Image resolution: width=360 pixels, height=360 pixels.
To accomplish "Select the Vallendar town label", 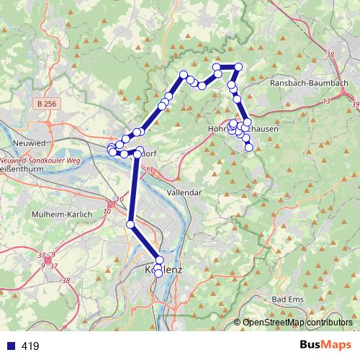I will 183,193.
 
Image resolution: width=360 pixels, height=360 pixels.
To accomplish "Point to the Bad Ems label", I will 289,299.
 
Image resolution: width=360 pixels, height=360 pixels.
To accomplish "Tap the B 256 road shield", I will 45,104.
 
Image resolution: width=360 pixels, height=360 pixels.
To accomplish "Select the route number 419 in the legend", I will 30,346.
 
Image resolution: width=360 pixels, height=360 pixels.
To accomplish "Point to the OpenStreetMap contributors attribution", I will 297,323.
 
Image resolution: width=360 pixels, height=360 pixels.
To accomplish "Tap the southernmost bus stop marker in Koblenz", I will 158,274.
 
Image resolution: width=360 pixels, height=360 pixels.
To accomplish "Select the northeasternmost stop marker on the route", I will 239,67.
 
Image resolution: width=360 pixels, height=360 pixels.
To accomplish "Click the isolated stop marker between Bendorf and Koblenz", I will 130,225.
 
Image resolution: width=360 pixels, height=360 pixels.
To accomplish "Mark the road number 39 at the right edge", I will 355,105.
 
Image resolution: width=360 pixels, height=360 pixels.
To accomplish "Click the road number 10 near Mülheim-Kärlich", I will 107,211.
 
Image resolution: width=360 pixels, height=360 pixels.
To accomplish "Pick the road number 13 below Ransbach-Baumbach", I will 326,102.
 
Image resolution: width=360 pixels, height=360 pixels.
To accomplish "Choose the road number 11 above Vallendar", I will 150,170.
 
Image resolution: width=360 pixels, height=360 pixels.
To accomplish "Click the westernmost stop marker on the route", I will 111,149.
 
